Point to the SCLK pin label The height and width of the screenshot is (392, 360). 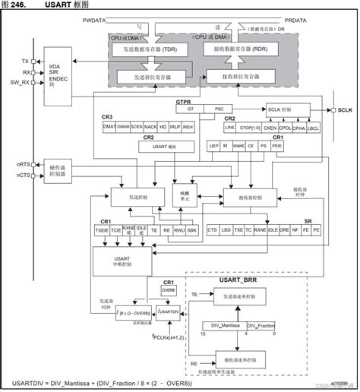[x=346, y=111]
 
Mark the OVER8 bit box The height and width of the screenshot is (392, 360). [x=169, y=290]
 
